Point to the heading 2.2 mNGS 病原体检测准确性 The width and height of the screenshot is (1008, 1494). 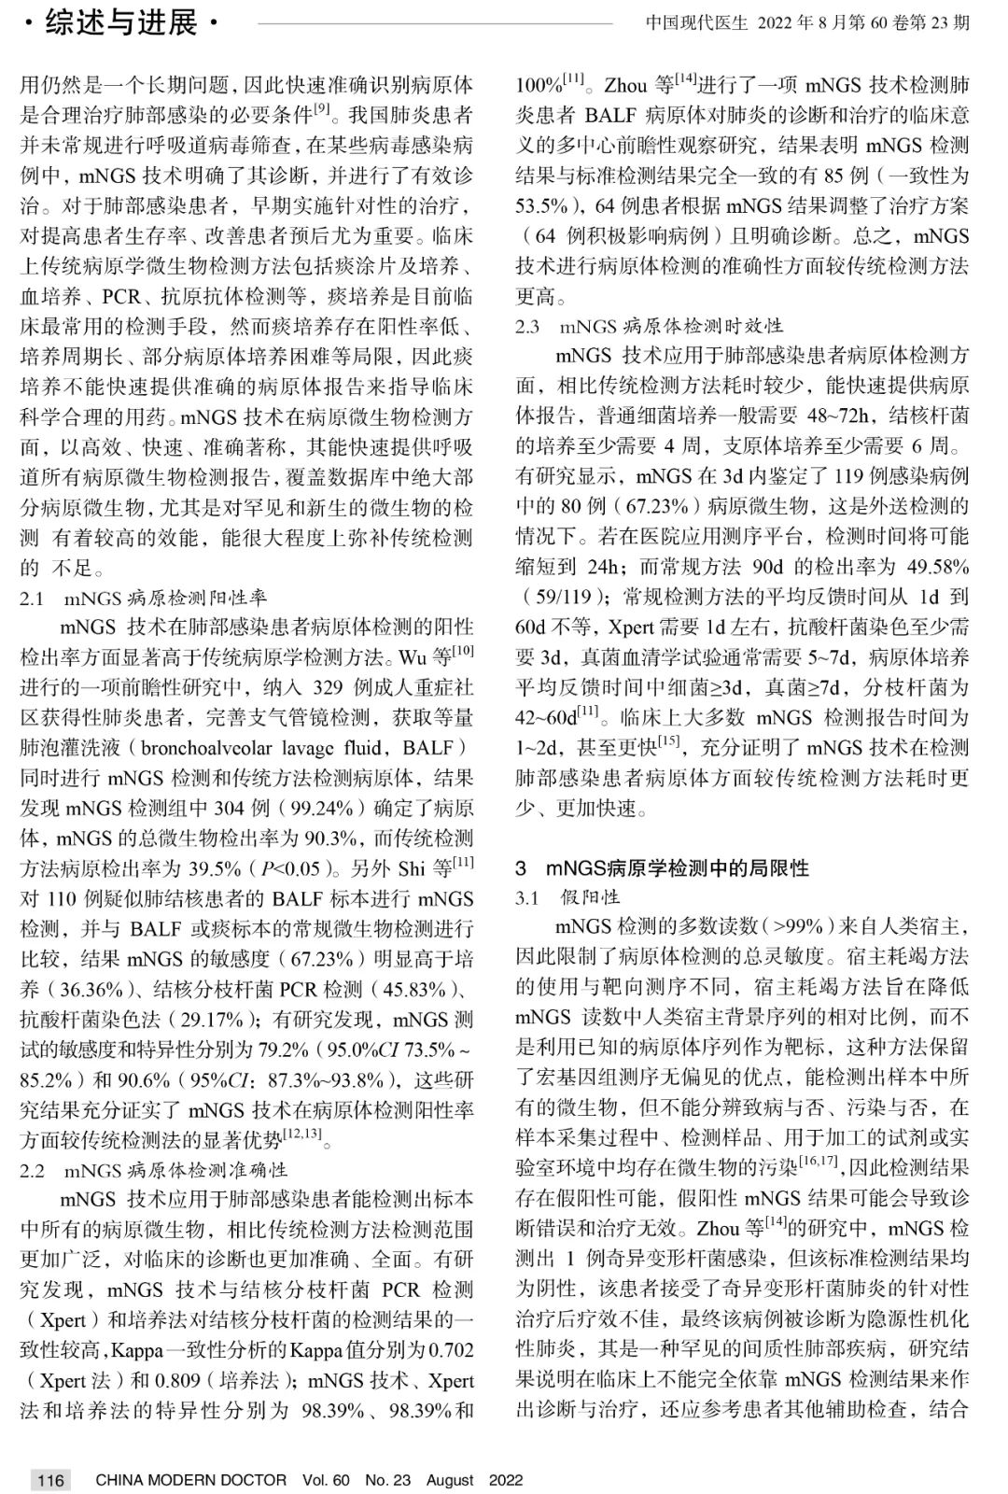pyautogui.click(x=154, y=1169)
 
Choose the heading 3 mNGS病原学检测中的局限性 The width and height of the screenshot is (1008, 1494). pyautogui.click(x=663, y=867)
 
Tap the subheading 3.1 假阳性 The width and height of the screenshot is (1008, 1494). pyautogui.click(x=568, y=897)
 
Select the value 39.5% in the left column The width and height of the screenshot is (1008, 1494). pyautogui.click(x=216, y=868)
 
